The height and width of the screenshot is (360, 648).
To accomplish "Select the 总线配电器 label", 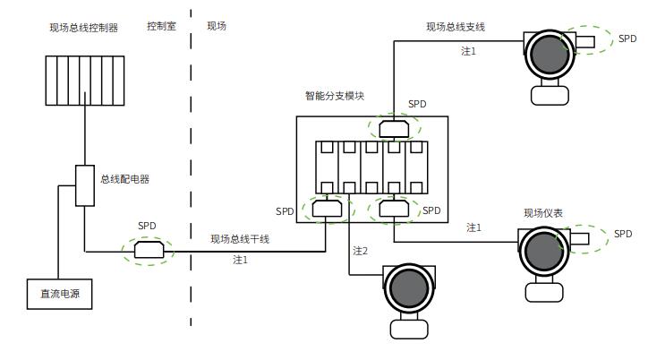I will click(124, 179).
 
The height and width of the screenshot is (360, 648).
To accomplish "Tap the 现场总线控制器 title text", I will click(83, 27).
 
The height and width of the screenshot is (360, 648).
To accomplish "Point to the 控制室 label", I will click(161, 26).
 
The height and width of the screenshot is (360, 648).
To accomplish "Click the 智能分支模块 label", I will click(335, 96).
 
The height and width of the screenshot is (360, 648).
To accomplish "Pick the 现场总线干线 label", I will click(240, 239).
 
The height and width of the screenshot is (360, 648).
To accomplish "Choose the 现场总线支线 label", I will click(455, 28).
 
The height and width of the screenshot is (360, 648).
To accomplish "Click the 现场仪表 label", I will click(543, 213).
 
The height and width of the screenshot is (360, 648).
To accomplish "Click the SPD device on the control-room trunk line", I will click(148, 251).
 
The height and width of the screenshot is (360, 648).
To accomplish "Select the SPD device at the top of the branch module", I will click(394, 129).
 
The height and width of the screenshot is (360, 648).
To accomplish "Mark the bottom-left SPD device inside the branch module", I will click(326, 210).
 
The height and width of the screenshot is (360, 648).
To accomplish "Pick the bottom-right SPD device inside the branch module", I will click(393, 210).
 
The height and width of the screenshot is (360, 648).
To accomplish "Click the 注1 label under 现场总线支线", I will click(468, 51).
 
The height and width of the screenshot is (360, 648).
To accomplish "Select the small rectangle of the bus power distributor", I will click(84, 185).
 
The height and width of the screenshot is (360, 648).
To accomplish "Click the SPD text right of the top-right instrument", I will click(627, 39).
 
